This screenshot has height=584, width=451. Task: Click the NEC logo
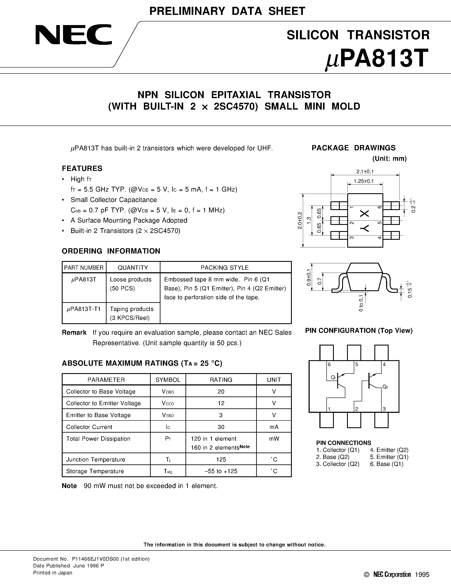[73, 35]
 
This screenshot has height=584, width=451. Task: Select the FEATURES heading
[82, 168]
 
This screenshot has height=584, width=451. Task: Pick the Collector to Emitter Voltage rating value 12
[221, 403]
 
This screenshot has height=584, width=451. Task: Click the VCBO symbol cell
[168, 392]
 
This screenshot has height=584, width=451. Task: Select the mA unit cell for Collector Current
[274, 427]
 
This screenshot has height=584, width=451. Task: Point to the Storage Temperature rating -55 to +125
[221, 471]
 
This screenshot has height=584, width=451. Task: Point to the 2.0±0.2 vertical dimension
[299, 220]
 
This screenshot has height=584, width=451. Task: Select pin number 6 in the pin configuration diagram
[329, 364]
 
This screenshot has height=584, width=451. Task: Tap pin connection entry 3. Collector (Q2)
[338, 464]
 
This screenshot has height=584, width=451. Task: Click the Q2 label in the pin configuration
[385, 387]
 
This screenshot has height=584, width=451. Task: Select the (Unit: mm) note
[389, 159]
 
